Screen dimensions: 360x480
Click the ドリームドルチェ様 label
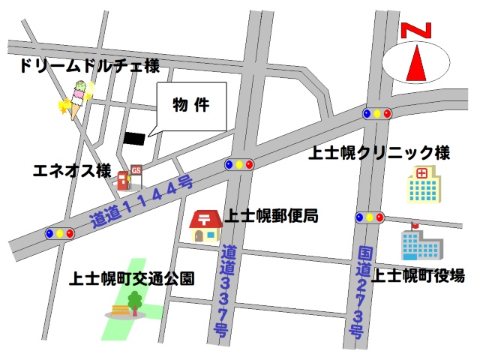point(89,67)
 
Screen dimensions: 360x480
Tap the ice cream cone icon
point(79,100)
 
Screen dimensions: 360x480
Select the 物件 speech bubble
point(190,105)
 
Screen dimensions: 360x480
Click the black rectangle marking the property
point(134,138)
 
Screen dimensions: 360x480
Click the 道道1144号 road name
point(142,202)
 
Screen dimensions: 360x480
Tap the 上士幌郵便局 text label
point(271,217)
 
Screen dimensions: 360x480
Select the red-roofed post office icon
point(205,226)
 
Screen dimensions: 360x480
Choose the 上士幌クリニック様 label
point(379,154)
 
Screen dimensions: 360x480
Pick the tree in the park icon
point(135,301)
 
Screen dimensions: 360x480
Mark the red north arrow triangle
point(417,64)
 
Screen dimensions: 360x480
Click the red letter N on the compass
point(417,31)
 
